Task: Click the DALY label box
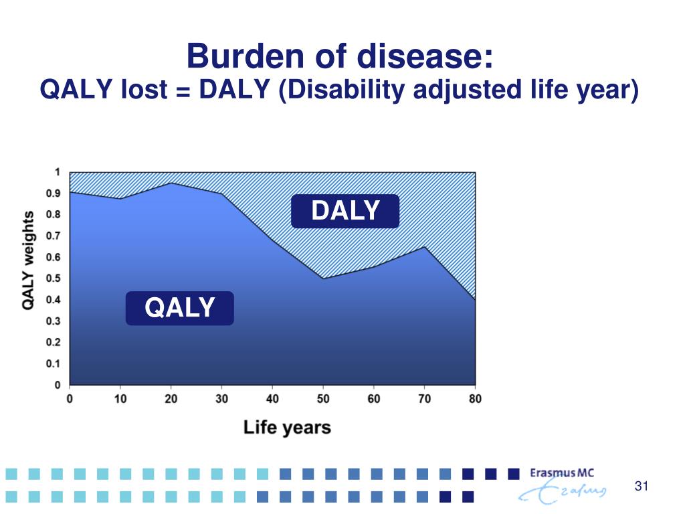pyautogui.click(x=345, y=211)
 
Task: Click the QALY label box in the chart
pyautogui.click(x=179, y=308)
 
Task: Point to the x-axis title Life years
pyautogui.click(x=287, y=428)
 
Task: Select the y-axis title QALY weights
pyautogui.click(x=28, y=260)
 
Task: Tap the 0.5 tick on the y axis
pyautogui.click(x=54, y=278)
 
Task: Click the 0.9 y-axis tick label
pyautogui.click(x=54, y=193)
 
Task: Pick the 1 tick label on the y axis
pyautogui.click(x=58, y=172)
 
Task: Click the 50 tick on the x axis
pyautogui.click(x=323, y=399)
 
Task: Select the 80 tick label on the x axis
pyautogui.click(x=475, y=399)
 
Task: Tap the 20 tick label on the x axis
pyautogui.click(x=171, y=399)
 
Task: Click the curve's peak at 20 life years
pyautogui.click(x=171, y=183)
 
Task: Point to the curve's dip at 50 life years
pyautogui.click(x=323, y=278)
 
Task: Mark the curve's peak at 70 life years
pyautogui.click(x=424, y=247)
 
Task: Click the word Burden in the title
pyautogui.click(x=245, y=56)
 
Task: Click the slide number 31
pyautogui.click(x=642, y=486)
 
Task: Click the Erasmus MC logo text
pyautogui.click(x=562, y=473)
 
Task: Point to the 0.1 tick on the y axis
pyautogui.click(x=54, y=363)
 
